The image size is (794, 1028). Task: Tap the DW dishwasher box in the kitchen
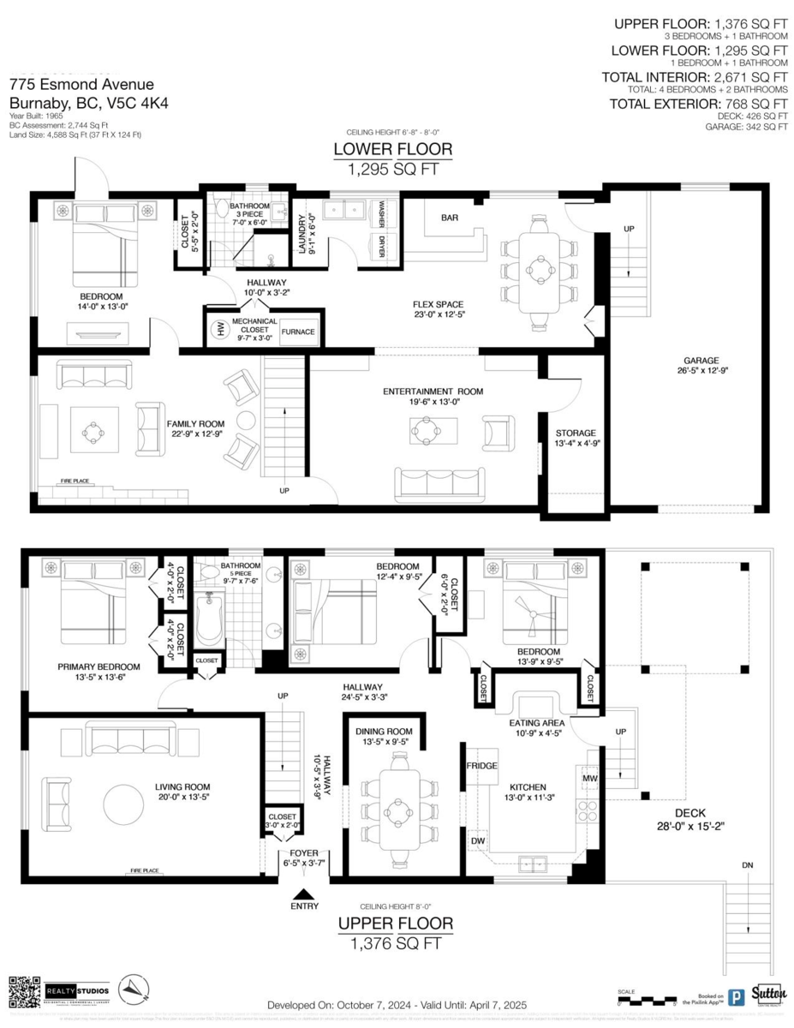click(478, 842)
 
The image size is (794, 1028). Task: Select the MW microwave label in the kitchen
click(589, 779)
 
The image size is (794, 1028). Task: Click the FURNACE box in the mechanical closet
click(298, 332)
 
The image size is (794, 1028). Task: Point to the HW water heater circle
click(218, 328)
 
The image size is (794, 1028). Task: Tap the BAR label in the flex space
click(450, 218)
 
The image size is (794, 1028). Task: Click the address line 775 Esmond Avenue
click(81, 84)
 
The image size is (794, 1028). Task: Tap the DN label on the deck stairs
click(748, 866)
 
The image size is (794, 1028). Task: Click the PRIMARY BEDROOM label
click(99, 666)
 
